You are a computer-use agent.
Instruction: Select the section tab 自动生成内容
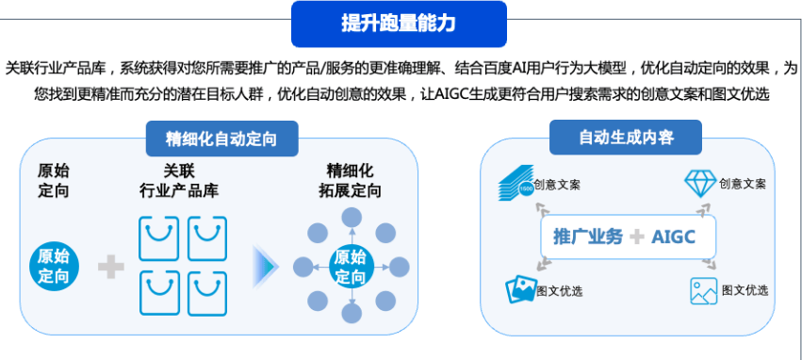click(x=625, y=139)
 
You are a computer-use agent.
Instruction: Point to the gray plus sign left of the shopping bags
click(x=111, y=267)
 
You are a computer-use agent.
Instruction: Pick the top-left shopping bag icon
click(x=158, y=238)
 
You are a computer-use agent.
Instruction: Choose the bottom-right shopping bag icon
click(x=207, y=293)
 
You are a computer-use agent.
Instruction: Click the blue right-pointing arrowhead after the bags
click(x=267, y=267)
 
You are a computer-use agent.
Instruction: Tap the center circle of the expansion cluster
click(x=350, y=267)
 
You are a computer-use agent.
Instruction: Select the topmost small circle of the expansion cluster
click(x=351, y=217)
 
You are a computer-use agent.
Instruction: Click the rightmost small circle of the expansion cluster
click(x=400, y=267)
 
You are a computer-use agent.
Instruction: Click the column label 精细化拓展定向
click(x=350, y=180)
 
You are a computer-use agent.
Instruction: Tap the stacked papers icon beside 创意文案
click(x=514, y=185)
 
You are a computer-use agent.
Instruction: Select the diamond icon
click(x=700, y=183)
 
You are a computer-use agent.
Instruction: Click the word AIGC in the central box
click(x=673, y=237)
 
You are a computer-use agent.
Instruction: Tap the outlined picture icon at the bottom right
click(x=703, y=290)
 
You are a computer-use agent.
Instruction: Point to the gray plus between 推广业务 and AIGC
click(x=637, y=237)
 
